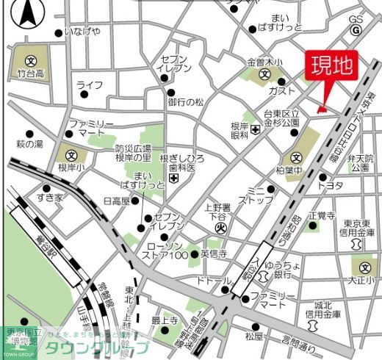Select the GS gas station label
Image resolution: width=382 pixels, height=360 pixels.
coord(356,19)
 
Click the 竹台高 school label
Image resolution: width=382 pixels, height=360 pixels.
coord(31,73)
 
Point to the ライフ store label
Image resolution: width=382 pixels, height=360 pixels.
coord(89,85)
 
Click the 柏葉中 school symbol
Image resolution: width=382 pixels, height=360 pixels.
coord(296,157)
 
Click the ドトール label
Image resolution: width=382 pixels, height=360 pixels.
coord(214,281)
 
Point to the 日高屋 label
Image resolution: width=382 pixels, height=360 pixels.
coord(116,201)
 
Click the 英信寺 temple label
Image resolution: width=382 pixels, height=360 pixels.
coord(213,253)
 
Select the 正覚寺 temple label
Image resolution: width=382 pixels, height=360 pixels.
coord(322,215)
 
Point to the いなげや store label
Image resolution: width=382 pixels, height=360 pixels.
coord(82,32)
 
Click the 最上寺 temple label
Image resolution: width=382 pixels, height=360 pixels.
coord(165,320)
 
